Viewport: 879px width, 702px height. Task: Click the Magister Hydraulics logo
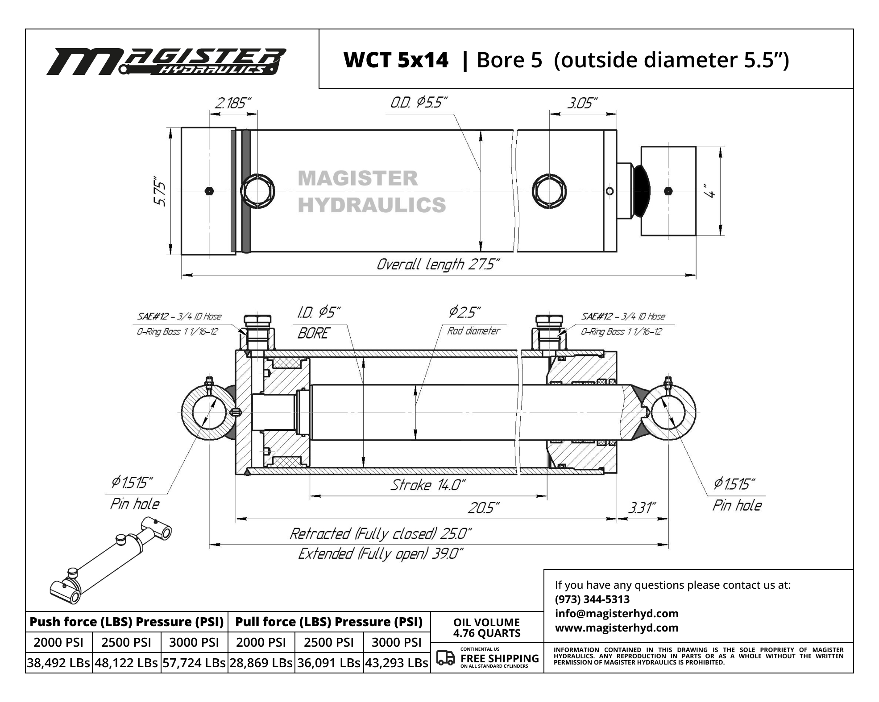[166, 61]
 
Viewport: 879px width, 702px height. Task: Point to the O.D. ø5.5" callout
[418, 103]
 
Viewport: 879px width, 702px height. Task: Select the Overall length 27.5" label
[438, 264]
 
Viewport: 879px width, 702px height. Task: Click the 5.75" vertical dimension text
[160, 193]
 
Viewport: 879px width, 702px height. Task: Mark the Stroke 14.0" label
[428, 485]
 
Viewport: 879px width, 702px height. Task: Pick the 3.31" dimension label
[642, 508]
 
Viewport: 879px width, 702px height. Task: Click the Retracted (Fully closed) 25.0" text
[381, 533]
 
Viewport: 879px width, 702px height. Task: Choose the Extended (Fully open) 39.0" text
[381, 554]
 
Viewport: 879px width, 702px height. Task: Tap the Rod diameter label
[473, 331]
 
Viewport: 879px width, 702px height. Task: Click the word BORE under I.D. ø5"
[314, 333]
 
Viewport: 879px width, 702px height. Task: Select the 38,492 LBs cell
[58, 663]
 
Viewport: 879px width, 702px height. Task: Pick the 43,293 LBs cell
[397, 663]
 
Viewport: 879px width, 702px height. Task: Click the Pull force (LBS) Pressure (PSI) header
[329, 622]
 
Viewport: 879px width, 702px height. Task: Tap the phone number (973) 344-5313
[592, 599]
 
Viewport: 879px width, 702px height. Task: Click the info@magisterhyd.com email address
[617, 613]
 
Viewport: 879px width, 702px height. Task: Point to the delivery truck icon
[445, 658]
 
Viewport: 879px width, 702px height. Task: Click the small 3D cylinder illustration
[111, 560]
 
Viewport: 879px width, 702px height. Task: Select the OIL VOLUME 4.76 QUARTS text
[487, 628]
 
